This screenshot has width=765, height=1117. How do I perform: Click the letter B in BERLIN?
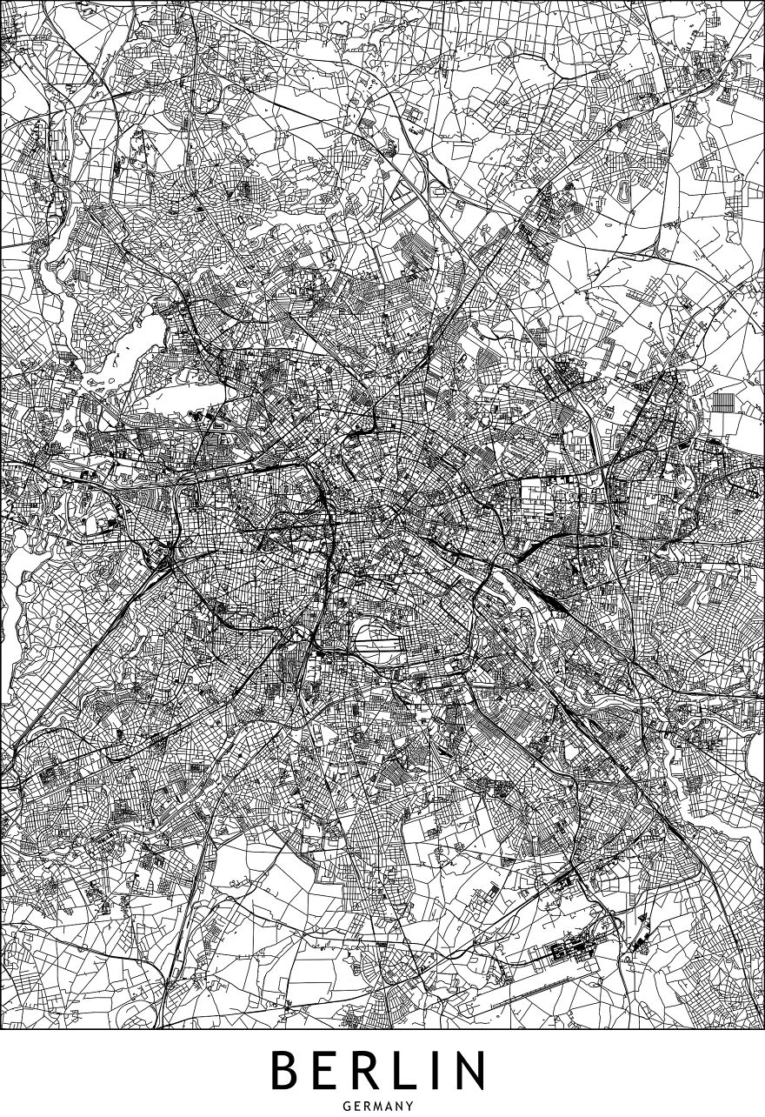[286, 1071]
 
